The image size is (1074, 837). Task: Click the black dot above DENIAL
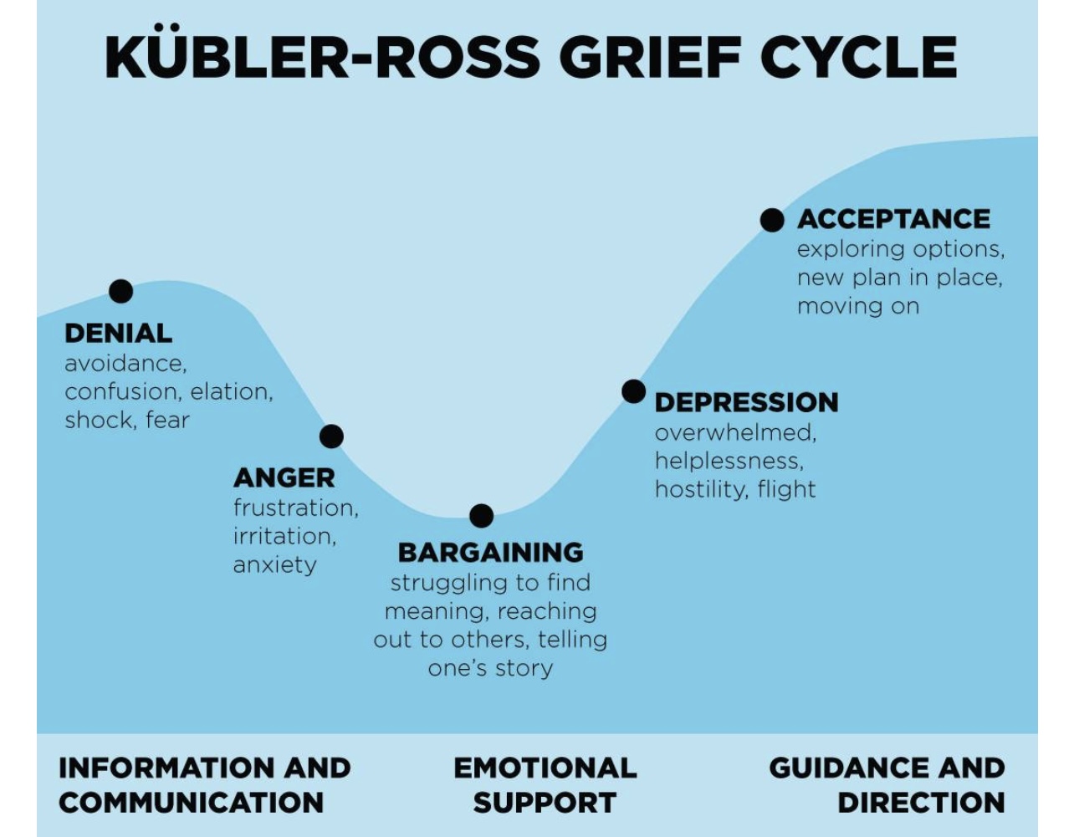point(121,291)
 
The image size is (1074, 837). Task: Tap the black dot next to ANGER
point(331,436)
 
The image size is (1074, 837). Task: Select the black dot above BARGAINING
point(481,516)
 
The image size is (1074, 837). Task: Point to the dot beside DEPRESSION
point(634,391)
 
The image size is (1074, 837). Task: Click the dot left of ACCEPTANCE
point(772,220)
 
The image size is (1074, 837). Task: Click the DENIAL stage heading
point(118,334)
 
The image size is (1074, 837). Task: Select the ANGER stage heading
point(284,478)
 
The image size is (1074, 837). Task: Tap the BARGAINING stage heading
point(490,553)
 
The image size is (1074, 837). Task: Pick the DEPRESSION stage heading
point(746,402)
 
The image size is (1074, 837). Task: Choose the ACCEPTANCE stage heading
point(893,219)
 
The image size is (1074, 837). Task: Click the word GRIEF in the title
point(650,57)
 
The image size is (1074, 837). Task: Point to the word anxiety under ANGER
point(274,565)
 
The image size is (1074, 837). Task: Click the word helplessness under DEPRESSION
point(728,461)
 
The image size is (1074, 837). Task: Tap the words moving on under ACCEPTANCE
point(857,306)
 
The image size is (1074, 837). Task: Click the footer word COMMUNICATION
point(191,803)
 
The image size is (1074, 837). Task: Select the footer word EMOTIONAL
point(545,768)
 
